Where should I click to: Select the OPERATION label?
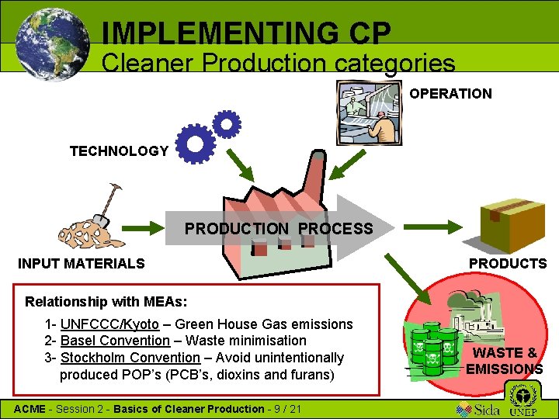(x=450, y=94)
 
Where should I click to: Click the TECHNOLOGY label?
(x=119, y=151)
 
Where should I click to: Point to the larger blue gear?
(x=195, y=144)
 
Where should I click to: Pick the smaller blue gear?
(x=227, y=123)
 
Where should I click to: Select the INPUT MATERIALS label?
(x=82, y=264)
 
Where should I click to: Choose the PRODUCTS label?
(x=508, y=264)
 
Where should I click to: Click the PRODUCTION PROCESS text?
(x=278, y=229)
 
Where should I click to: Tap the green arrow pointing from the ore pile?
(x=144, y=229)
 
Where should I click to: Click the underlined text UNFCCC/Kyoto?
(x=109, y=324)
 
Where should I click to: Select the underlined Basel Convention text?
(x=115, y=341)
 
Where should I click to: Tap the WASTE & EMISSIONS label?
(x=505, y=361)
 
